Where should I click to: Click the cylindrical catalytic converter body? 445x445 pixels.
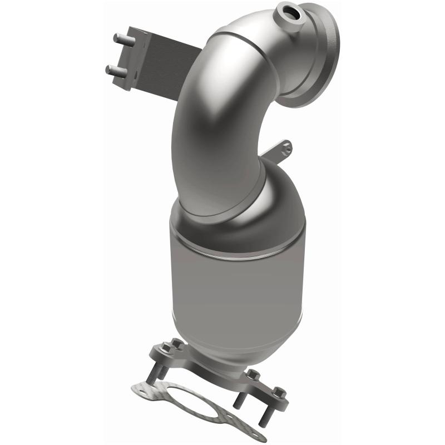[239, 278]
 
